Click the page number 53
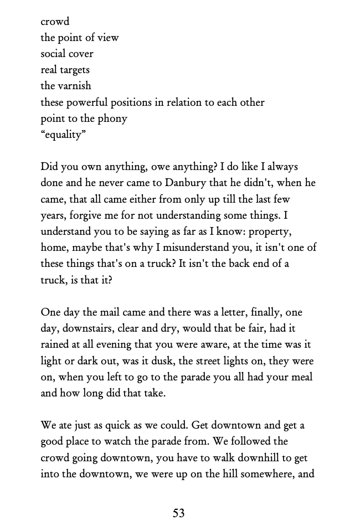point(178,513)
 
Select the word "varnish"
point(74,86)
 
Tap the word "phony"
point(113,118)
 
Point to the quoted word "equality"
point(63,135)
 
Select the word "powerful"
point(90,102)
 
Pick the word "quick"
point(107,426)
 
